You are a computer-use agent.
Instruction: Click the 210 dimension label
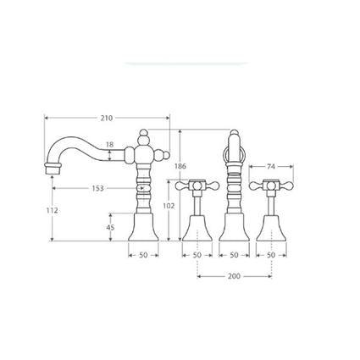pos(107,118)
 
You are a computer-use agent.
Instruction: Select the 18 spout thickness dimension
pos(109,145)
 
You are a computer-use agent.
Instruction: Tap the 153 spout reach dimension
pos(98,188)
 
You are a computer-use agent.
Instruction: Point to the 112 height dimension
pos(53,210)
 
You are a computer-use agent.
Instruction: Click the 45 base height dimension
pos(111,227)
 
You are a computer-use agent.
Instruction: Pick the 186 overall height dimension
pos(180,166)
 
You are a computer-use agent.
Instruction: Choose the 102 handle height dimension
pos(169,206)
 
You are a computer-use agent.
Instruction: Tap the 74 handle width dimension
pos(271,167)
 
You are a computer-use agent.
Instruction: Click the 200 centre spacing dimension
pos(234,276)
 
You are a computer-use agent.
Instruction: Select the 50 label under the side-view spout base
pos(143,255)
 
